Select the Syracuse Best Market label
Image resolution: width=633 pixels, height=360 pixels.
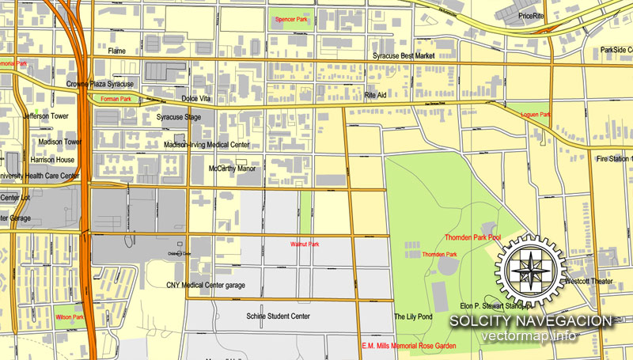[x=405, y=56]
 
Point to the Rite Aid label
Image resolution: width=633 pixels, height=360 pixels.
[x=375, y=95]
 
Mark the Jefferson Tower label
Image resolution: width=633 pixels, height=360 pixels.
[x=47, y=116]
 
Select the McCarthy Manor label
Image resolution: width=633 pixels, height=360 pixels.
[x=232, y=169]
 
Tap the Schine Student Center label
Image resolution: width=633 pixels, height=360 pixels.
[x=278, y=316]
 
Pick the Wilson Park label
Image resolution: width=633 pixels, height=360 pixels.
[x=70, y=317]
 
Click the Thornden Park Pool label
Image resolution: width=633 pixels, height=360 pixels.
[x=472, y=237]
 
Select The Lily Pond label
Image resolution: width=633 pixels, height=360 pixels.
[x=413, y=316]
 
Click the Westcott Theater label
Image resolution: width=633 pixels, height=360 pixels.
[x=589, y=281]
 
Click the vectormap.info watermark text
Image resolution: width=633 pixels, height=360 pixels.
[x=530, y=336]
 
